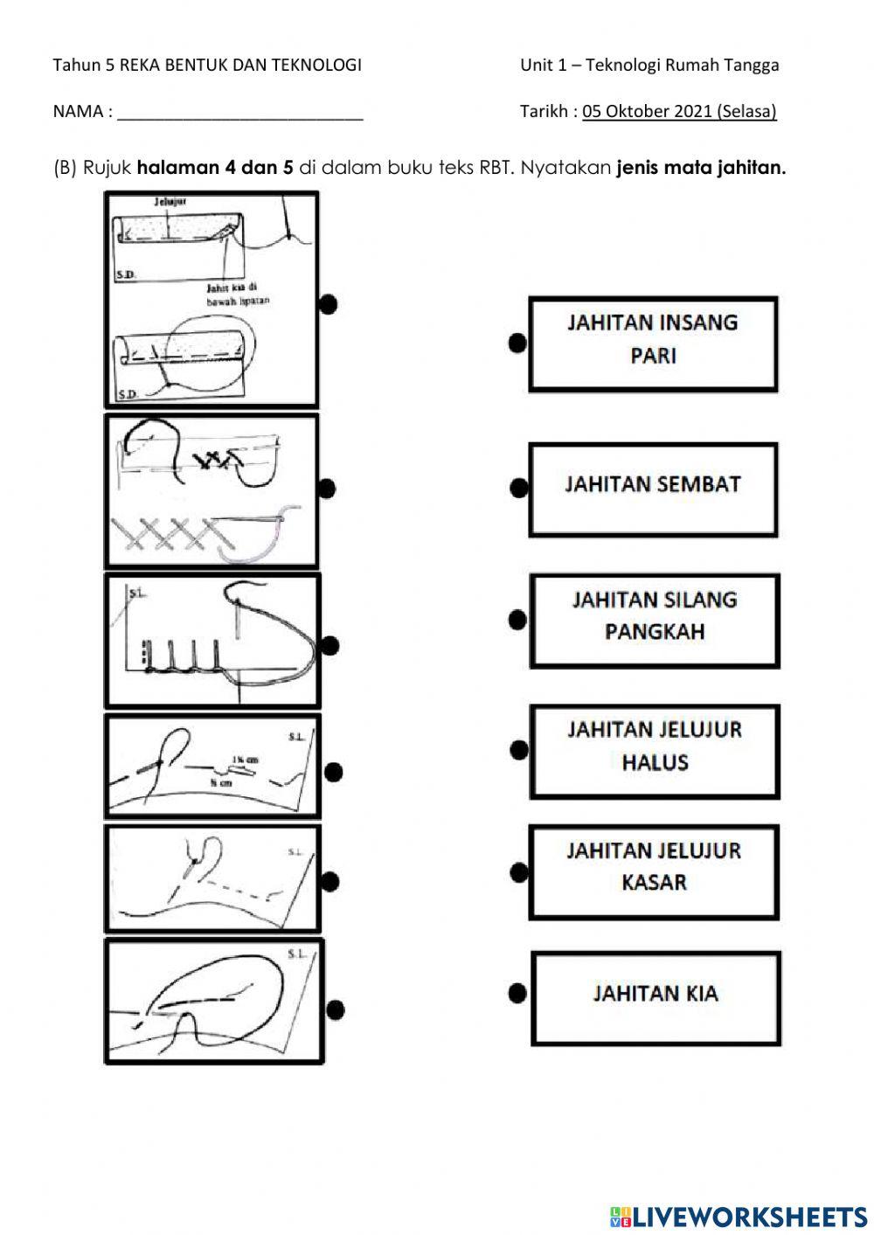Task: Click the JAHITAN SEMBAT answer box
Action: tap(653, 489)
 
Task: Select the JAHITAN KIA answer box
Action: tap(655, 998)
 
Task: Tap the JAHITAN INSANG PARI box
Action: tap(653, 343)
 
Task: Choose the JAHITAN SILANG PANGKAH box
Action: tap(654, 620)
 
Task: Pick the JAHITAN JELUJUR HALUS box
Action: tap(654, 751)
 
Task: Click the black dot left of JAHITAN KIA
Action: tap(517, 993)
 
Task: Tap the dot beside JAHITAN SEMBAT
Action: tap(518, 488)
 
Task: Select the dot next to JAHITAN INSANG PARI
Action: tap(517, 343)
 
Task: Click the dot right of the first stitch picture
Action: tap(328, 303)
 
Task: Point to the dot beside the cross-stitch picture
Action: tap(326, 489)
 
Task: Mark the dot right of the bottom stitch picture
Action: tap(334, 1010)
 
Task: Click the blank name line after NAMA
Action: tap(240, 112)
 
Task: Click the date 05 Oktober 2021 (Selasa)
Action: tap(679, 111)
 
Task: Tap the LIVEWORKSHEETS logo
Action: tap(739, 1216)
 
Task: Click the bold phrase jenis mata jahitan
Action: tap(701, 168)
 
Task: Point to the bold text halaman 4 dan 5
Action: tap(215, 168)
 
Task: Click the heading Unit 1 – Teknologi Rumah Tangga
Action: tap(649, 65)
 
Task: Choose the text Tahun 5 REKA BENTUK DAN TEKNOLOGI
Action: tap(207, 65)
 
